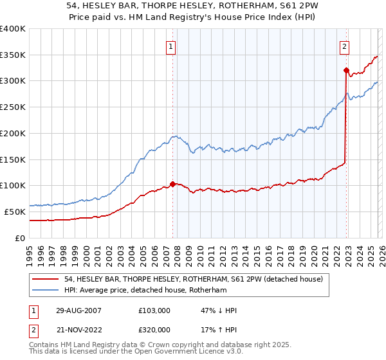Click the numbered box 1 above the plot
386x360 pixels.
click(172, 46)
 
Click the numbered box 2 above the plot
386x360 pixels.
click(345, 46)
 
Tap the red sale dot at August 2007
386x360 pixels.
click(172, 184)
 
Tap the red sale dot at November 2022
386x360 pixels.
click(346, 70)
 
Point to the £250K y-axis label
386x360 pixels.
click(13, 107)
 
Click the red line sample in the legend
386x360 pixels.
click(46, 278)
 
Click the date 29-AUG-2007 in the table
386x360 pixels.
click(78, 310)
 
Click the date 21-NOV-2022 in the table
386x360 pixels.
click(78, 329)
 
